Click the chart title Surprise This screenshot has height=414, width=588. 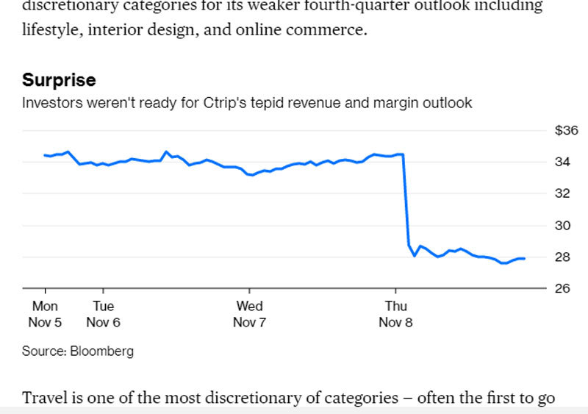coord(59,80)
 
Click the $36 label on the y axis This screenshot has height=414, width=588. coord(566,131)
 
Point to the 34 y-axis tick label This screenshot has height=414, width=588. coord(563,162)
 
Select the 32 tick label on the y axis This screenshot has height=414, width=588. coord(563,193)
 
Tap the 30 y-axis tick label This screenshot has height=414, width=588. coord(563,225)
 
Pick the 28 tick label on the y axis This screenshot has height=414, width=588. coord(563,257)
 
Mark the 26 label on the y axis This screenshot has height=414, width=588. coord(563,288)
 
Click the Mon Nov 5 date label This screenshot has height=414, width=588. coord(45,314)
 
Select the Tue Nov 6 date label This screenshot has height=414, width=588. coord(103,314)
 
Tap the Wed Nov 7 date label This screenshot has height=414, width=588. coord(249,314)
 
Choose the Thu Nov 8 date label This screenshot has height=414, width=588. coord(395,314)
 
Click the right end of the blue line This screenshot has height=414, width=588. coord(523,258)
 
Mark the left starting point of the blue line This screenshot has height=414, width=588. coord(45,155)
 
